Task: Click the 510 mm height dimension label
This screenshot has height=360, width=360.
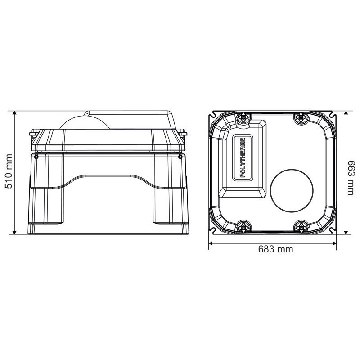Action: (9, 171)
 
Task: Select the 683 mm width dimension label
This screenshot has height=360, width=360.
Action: (275, 249)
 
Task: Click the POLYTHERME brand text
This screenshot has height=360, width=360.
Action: (243, 157)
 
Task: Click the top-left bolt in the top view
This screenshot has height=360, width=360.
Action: (243, 117)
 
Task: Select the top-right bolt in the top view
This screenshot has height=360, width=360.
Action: (301, 117)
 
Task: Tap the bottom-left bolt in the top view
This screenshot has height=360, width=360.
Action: (243, 228)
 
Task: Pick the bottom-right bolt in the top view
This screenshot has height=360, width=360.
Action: (301, 228)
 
